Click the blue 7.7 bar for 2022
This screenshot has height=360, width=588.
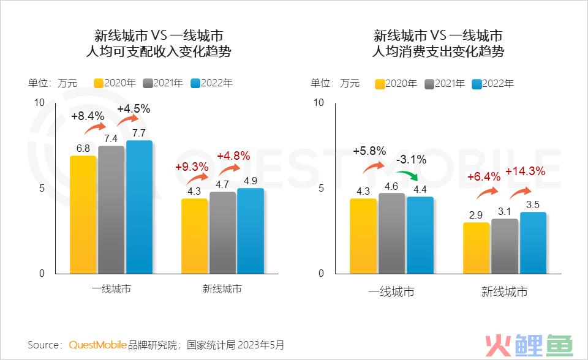pyautogui.click(x=139, y=207)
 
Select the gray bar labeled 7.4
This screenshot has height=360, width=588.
pyautogui.click(x=111, y=209)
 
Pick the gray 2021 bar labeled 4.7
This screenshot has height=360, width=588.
pyautogui.click(x=222, y=233)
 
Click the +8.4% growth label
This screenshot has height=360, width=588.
pyautogui.click(x=88, y=116)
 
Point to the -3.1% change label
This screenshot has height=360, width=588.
pyautogui.click(x=410, y=160)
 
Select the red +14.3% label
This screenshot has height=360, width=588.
pyautogui.click(x=525, y=171)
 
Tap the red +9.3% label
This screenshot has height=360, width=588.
pyautogui.click(x=192, y=167)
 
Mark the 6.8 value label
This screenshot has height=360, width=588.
pyautogui.click(x=83, y=148)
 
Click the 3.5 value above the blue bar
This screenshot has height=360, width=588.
pyautogui.click(x=533, y=204)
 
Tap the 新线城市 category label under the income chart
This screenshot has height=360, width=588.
pyautogui.click(x=222, y=289)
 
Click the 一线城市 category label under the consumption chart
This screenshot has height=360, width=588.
pyautogui.click(x=391, y=291)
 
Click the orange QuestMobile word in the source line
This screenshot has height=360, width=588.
pyautogui.click(x=98, y=345)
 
